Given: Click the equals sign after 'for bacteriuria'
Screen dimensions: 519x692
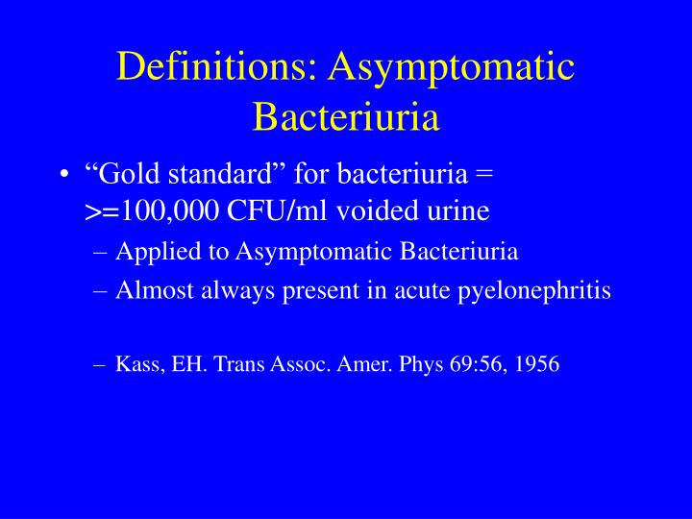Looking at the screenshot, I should [483, 176].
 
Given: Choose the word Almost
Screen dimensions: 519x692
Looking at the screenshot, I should [151, 291].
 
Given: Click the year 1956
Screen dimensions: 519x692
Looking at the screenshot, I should [537, 365].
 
